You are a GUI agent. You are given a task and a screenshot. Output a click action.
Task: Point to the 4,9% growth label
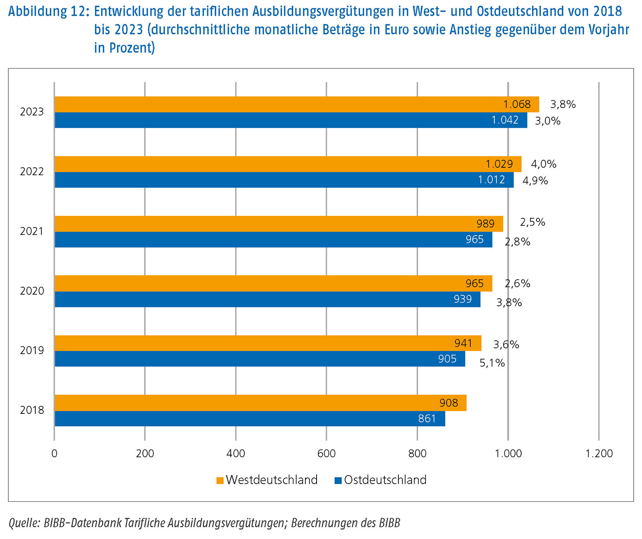535,181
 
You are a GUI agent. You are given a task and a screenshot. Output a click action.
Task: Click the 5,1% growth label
492,363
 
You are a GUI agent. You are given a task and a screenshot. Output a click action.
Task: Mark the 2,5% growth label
532,222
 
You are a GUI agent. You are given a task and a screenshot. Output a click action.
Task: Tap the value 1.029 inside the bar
499,164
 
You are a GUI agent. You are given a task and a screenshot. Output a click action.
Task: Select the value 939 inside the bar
463,299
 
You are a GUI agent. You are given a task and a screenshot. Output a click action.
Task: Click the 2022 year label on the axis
32,172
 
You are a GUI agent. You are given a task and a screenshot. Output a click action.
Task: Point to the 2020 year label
32,291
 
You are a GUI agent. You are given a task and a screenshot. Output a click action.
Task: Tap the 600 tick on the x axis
326,454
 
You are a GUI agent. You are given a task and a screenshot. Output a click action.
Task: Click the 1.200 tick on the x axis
599,454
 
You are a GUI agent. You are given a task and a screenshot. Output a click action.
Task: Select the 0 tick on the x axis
55,454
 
